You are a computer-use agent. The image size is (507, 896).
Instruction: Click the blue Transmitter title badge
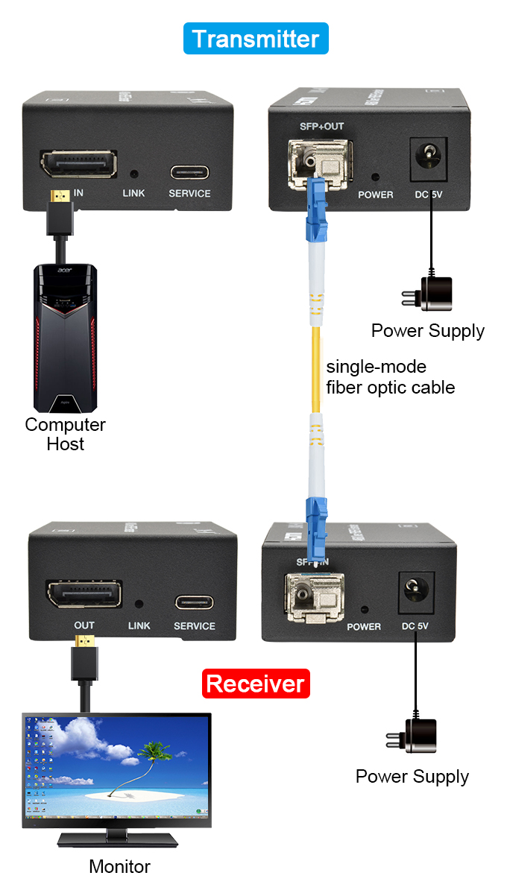click(x=256, y=39)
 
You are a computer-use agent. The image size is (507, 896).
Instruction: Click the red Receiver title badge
click(x=256, y=684)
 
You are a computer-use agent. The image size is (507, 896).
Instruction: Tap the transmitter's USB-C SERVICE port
click(x=189, y=172)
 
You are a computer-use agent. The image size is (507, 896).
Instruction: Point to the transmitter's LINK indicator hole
click(x=134, y=174)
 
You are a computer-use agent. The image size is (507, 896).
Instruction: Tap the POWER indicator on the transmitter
click(x=375, y=178)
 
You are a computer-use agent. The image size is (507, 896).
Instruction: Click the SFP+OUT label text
click(x=321, y=126)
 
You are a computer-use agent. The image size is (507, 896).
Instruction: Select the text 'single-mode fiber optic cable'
click(x=390, y=377)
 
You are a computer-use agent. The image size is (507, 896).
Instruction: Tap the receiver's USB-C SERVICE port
click(x=195, y=602)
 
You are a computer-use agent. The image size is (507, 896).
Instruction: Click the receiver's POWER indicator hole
click(x=364, y=609)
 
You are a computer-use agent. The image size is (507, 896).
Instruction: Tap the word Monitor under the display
click(x=119, y=867)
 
